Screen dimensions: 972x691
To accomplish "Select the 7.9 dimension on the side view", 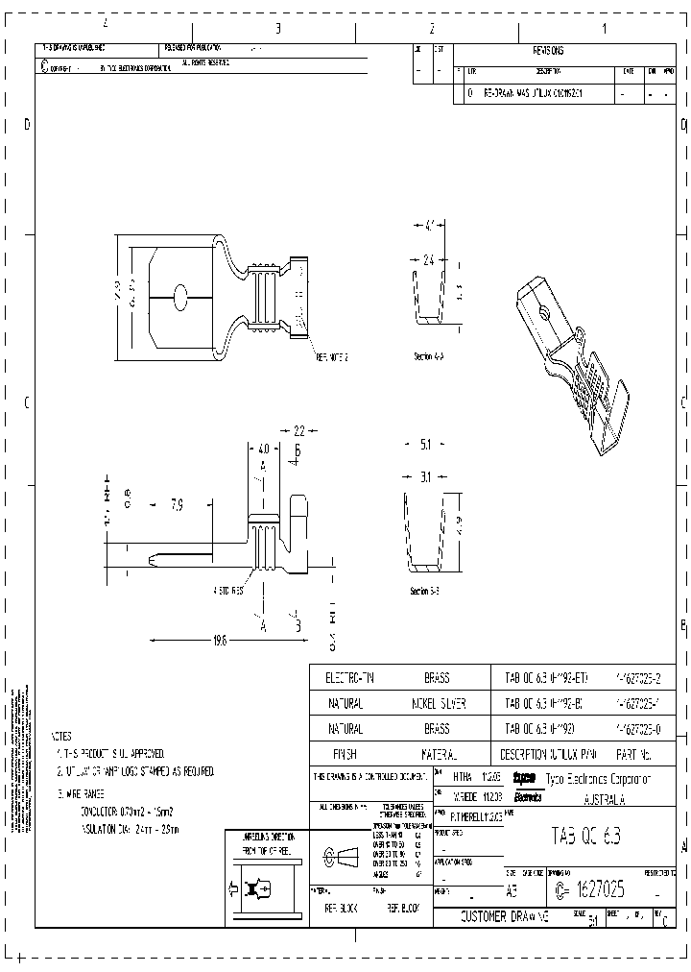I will [x=178, y=503].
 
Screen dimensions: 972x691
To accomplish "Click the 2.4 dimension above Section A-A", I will [x=429, y=259].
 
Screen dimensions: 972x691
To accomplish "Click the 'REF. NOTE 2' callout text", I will [x=332, y=356].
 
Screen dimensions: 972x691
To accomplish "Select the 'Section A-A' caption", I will [x=428, y=355].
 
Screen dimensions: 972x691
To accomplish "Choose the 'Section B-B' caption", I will [x=424, y=591].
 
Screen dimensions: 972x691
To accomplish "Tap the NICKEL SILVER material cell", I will [x=437, y=703].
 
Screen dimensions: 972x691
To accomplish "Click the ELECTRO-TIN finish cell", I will [x=345, y=678].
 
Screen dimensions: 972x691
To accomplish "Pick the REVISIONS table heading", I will [x=548, y=52].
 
